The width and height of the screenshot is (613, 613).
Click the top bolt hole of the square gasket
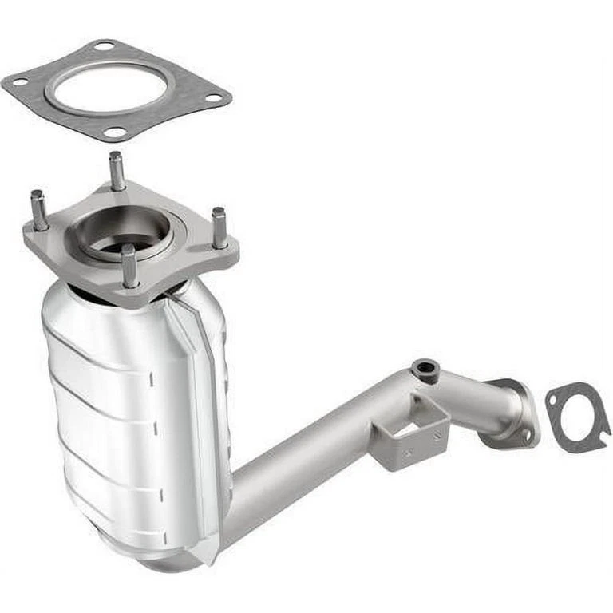(103, 46)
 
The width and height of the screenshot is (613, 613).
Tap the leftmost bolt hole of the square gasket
(20, 81)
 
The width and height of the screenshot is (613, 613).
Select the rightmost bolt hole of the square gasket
(213, 98)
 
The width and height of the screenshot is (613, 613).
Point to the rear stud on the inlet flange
(117, 170)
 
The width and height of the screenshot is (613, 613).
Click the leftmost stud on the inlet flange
(38, 209)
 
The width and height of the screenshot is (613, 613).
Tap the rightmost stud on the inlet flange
(218, 226)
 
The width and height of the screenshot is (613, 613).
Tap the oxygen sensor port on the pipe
(425, 369)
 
